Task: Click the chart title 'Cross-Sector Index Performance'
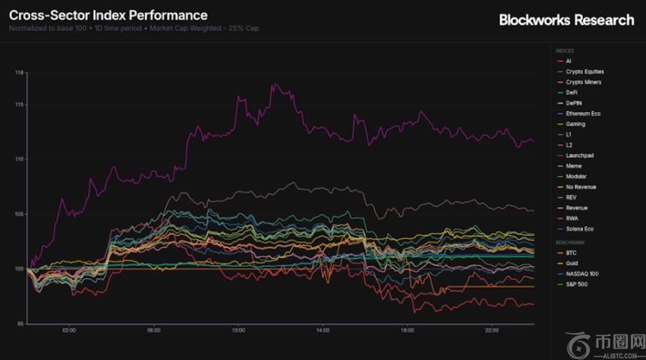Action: tap(108, 15)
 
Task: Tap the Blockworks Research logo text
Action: tap(566, 20)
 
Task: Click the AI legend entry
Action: tap(569, 61)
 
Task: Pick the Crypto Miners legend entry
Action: tap(583, 82)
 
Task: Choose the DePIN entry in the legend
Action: tap(574, 103)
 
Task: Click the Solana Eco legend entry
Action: tap(579, 228)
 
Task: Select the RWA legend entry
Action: tap(572, 218)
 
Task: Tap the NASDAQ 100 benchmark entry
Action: tap(582, 274)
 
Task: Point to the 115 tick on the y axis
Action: tap(20, 104)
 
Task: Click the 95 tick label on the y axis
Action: tap(21, 324)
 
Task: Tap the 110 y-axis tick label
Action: tap(20, 159)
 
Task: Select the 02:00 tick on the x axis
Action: tap(69, 330)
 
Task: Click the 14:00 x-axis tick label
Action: tap(323, 330)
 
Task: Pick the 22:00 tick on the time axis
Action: tap(492, 330)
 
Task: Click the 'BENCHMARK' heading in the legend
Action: tap(569, 243)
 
